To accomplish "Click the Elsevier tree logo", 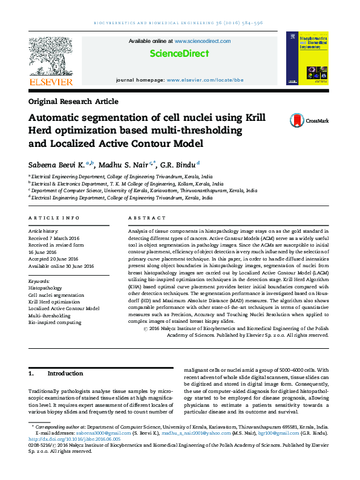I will click(51, 56).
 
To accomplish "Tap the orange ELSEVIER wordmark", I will click(51, 82).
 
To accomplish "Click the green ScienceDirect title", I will click(179, 54).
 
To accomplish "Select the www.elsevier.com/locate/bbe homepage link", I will click(205, 80).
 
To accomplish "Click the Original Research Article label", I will click(73, 102).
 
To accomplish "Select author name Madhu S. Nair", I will click(128, 164).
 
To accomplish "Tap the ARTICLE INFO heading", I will click(54, 218).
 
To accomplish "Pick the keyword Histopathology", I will click(45, 288).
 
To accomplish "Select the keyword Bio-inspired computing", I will click(54, 322).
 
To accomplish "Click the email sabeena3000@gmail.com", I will click(111, 433).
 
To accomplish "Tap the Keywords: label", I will click(39, 281).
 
